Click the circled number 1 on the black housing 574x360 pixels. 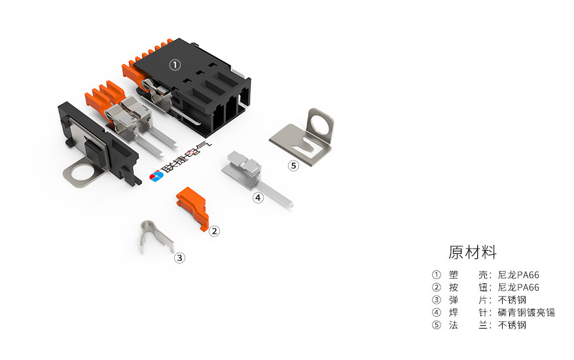[x=175, y=65]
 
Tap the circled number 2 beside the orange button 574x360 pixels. [x=215, y=231]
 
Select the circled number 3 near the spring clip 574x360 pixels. [x=179, y=258]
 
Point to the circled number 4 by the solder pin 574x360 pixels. [x=258, y=198]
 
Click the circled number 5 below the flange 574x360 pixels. [x=293, y=166]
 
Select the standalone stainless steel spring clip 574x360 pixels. [x=156, y=237]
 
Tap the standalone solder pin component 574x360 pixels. [x=257, y=179]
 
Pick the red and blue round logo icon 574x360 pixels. [x=156, y=176]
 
